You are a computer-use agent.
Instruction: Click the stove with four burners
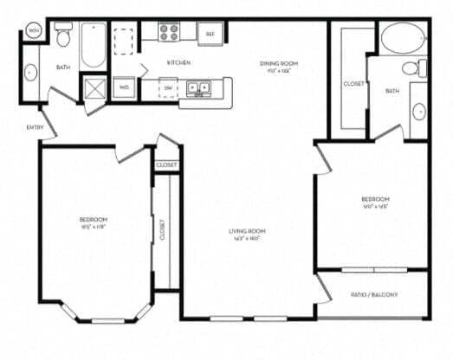(168, 34)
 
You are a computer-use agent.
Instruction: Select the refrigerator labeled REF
(209, 34)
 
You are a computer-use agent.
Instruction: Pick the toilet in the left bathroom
(62, 36)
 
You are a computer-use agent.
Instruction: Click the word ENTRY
(35, 127)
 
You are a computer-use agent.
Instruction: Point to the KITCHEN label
(178, 63)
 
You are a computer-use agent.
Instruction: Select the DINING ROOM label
(278, 63)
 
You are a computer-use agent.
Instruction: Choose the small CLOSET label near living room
(166, 164)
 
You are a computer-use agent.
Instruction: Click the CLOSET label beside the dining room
(353, 84)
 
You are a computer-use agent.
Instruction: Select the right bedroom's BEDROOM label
(375, 200)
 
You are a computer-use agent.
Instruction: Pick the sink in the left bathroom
(31, 74)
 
